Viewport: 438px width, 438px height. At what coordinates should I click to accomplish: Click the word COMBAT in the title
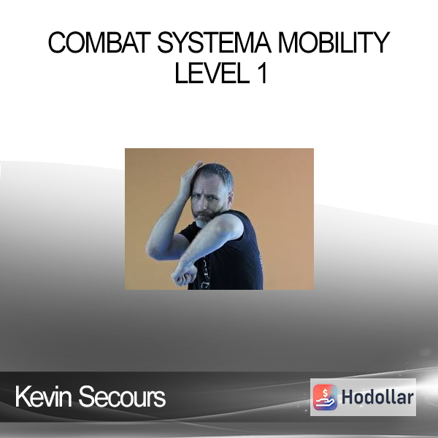99,42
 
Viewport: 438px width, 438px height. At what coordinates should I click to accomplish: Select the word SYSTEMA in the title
214,42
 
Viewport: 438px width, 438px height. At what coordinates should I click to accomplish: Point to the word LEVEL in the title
212,73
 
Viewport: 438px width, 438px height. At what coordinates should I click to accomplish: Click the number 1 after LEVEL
262,73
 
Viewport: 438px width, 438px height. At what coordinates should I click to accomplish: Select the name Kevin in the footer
43,396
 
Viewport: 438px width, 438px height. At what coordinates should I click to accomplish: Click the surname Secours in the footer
122,396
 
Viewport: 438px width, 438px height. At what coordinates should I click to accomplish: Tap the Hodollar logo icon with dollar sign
325,397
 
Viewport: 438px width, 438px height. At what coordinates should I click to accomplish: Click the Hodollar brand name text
377,397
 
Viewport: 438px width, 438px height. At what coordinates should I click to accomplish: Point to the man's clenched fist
184,274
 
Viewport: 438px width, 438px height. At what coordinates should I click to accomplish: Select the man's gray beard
204,219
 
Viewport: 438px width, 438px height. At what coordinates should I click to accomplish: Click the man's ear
231,196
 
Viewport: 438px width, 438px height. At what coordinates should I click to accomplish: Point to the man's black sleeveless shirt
229,257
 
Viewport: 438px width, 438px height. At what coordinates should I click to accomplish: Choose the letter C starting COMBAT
57,42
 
